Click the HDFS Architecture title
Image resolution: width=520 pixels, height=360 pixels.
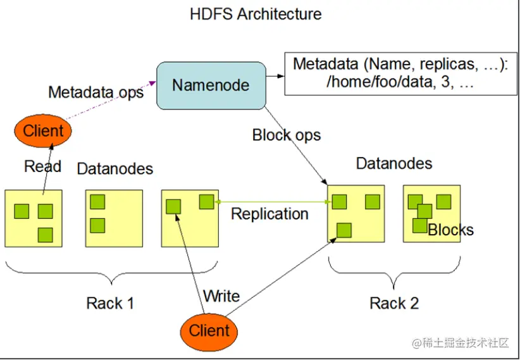(256, 14)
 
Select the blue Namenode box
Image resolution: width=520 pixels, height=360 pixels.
(211, 85)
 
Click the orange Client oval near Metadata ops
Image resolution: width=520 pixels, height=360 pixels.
(43, 131)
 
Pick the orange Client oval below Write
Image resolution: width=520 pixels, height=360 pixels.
(209, 330)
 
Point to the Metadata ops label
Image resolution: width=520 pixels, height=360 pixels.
(96, 92)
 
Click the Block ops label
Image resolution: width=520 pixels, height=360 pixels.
(287, 135)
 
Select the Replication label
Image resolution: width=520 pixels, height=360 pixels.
(269, 214)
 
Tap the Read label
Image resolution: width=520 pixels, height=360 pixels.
(42, 166)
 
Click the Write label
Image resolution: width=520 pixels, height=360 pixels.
(221, 295)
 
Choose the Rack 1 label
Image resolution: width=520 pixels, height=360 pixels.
(110, 303)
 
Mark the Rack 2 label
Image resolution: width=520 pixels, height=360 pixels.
(394, 303)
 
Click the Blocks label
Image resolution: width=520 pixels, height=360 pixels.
(450, 230)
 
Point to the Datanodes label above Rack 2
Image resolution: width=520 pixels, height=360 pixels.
(394, 163)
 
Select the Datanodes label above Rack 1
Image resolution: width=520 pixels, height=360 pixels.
(115, 168)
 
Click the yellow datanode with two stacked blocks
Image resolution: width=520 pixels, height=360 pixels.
(114, 218)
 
